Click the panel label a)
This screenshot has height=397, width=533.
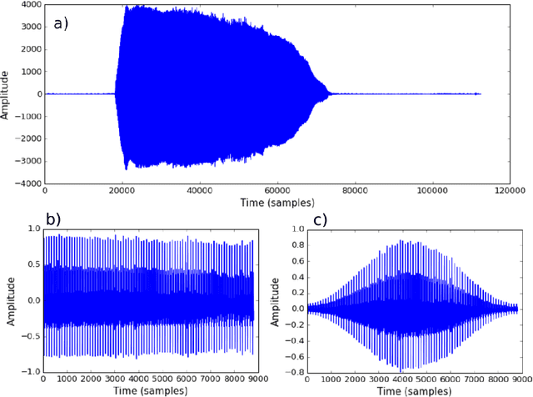click(x=62, y=23)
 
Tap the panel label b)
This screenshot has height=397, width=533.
click(x=52, y=219)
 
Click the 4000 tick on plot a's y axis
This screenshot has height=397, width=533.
click(x=31, y=5)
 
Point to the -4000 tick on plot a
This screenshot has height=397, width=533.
click(x=29, y=183)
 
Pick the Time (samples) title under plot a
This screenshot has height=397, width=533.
click(x=277, y=203)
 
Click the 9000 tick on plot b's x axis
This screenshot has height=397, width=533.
click(x=254, y=378)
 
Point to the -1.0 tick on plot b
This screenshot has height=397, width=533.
click(x=30, y=370)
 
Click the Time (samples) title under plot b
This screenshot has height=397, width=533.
click(x=149, y=389)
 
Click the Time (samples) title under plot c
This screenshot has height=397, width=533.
click(x=411, y=389)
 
